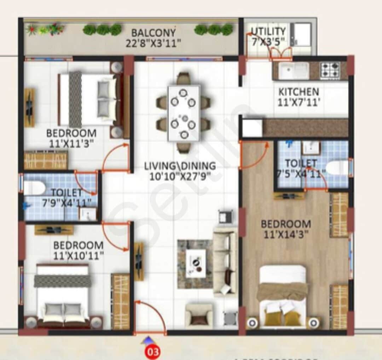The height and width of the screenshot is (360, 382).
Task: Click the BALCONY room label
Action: coord(153,33)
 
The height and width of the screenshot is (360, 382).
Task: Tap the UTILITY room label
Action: coord(268,31)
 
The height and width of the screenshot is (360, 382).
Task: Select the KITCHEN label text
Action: coord(299,92)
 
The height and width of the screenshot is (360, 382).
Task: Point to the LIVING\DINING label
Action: coord(180,165)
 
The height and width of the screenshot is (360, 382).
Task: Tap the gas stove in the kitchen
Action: coord(330,70)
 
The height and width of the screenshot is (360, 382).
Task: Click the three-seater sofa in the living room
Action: coord(225,261)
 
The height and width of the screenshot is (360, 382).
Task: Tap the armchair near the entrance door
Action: coord(199,315)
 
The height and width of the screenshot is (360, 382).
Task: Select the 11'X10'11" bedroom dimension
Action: coord(79,255)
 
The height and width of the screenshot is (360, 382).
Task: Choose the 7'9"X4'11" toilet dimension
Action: coord(66,202)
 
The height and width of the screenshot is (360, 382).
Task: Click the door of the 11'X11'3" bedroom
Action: coord(116,158)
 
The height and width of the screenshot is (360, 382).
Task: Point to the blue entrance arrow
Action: coord(146,340)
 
